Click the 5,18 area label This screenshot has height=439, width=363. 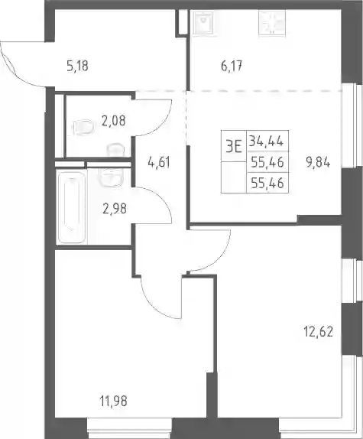tap(77, 66)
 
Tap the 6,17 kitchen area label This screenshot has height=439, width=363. tap(232, 67)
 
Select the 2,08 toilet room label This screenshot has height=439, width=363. tap(114, 121)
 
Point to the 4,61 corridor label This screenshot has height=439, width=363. tap(158, 162)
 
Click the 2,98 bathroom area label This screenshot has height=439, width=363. tap(115, 209)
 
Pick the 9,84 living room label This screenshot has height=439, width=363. tap(318, 162)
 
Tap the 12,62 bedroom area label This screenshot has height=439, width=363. tap(318, 333)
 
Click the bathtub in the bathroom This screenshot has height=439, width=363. tap(71, 207)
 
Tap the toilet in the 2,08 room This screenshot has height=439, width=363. tap(83, 128)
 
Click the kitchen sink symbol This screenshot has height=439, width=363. tap(203, 21)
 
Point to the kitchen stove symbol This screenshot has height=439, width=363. tap(273, 23)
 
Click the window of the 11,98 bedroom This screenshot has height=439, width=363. tap(129, 428)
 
